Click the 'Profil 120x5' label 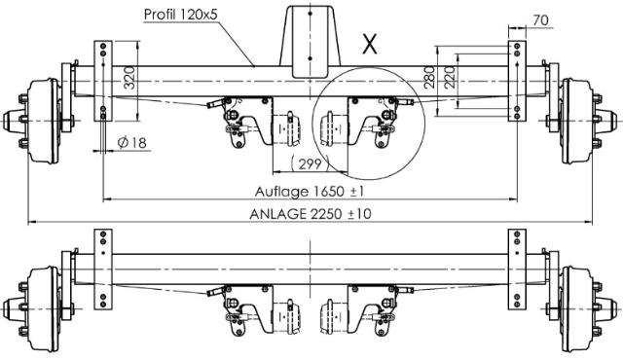pyautogui.click(x=181, y=15)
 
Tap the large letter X pyautogui.click(x=370, y=44)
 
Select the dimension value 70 pyautogui.click(x=540, y=20)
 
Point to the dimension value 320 pyautogui.click(x=129, y=78)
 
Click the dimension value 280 pyautogui.click(x=429, y=77)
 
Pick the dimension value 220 pyautogui.click(x=449, y=77)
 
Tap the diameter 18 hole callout pyautogui.click(x=132, y=142)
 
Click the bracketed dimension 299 pyautogui.click(x=310, y=163)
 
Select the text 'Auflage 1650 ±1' pyautogui.click(x=310, y=192)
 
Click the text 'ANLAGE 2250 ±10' pyautogui.click(x=311, y=214)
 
